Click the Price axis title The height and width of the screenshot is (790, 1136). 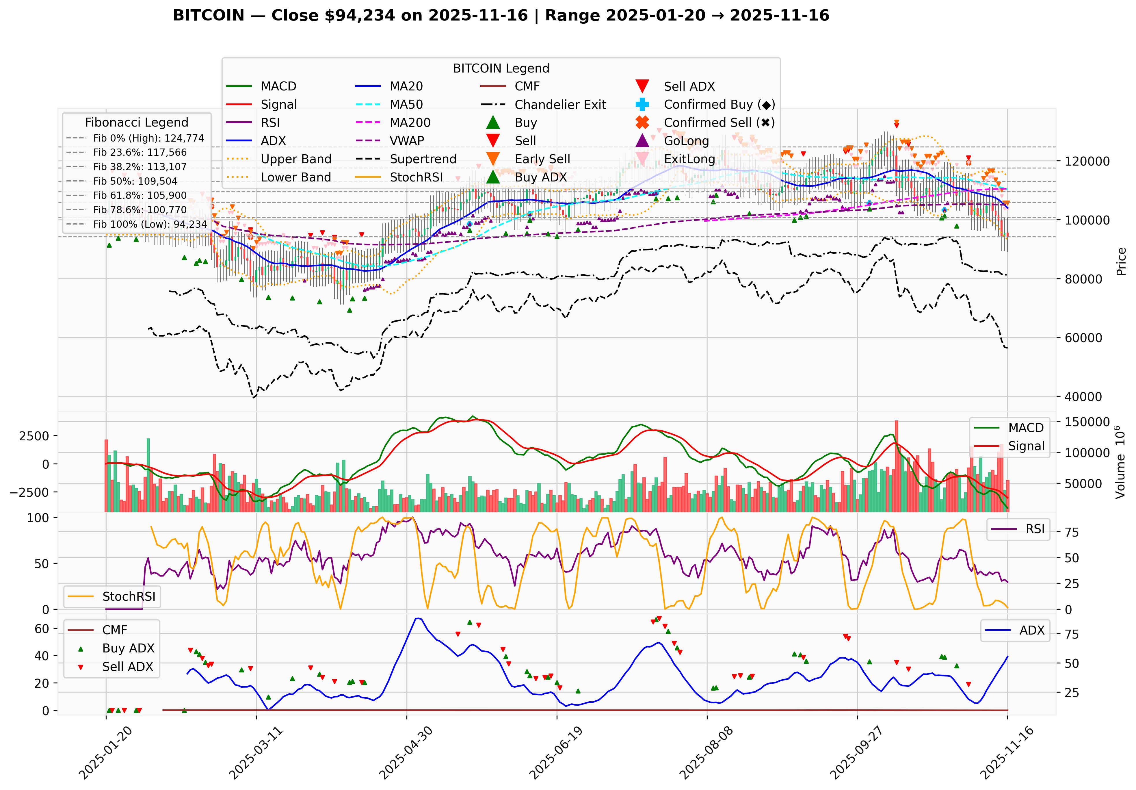[x=1121, y=261]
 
